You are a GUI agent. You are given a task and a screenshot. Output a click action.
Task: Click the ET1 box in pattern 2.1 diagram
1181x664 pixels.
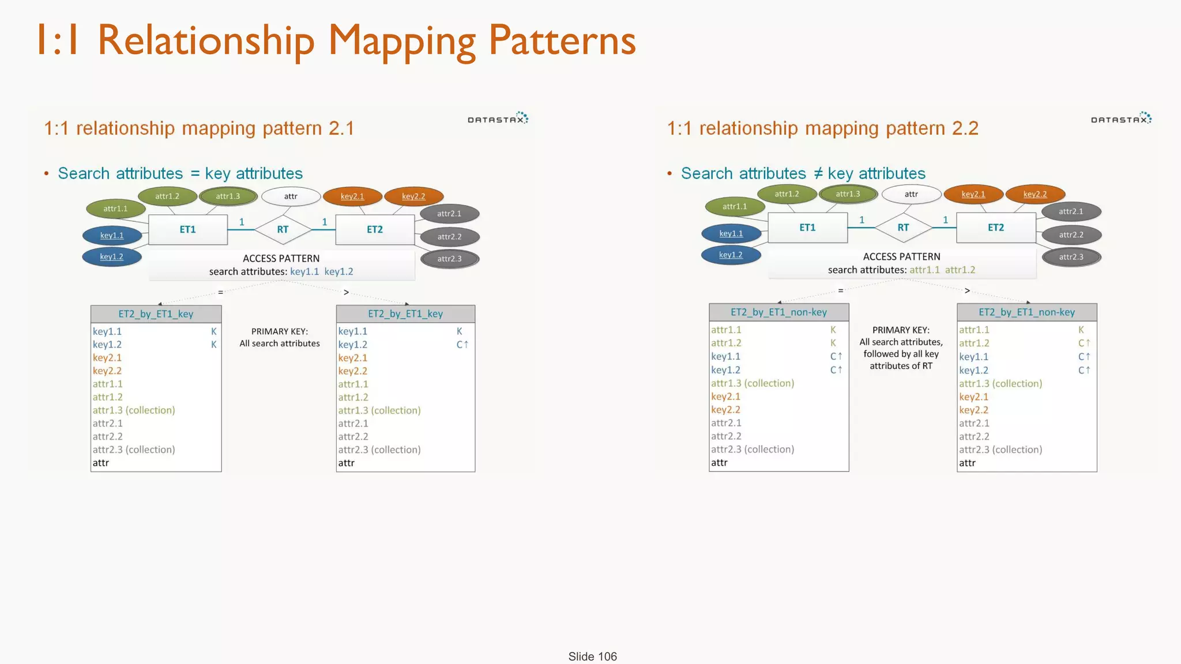[x=187, y=229]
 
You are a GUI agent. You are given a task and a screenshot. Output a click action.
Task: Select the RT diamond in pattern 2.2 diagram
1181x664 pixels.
[x=903, y=228]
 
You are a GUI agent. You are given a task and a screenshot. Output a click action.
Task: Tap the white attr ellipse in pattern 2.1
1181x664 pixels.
[x=291, y=197]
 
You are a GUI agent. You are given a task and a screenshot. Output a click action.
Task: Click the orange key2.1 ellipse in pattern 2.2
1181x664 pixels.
[x=973, y=194]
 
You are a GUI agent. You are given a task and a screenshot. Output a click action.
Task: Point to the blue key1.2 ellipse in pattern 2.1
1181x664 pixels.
[x=112, y=256]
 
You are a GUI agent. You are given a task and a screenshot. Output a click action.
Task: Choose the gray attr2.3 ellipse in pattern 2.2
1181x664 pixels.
[x=1071, y=257]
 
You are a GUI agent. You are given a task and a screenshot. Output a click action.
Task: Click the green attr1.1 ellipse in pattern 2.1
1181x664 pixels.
[x=115, y=209]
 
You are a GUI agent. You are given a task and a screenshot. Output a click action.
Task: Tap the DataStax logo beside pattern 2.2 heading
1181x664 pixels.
[x=1121, y=119]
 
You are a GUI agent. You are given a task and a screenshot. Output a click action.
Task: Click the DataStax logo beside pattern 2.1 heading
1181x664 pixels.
[x=498, y=119]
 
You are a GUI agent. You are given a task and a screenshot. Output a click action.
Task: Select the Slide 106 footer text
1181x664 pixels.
[x=592, y=657]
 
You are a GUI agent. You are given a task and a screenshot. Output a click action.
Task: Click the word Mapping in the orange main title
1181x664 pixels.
[x=401, y=41]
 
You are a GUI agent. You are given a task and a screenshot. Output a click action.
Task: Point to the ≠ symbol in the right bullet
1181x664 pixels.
[x=818, y=173]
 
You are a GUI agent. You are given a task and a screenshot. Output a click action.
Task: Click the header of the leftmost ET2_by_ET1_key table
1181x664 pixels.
[x=156, y=314]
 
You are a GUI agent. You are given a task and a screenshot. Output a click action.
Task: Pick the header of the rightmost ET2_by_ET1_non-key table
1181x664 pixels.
[x=1026, y=312]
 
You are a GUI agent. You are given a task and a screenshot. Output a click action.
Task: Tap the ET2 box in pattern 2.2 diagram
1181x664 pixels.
[x=996, y=228]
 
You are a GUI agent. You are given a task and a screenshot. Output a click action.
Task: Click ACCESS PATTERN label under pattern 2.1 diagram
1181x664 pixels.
[x=281, y=258]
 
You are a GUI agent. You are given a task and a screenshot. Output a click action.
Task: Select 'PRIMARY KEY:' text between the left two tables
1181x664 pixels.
[x=280, y=331]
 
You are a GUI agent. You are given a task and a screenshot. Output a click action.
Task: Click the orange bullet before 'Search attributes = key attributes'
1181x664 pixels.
[x=46, y=174]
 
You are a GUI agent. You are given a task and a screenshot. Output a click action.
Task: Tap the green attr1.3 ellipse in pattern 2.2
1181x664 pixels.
[x=848, y=194]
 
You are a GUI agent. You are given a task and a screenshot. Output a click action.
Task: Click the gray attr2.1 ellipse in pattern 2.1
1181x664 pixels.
[x=449, y=214]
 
